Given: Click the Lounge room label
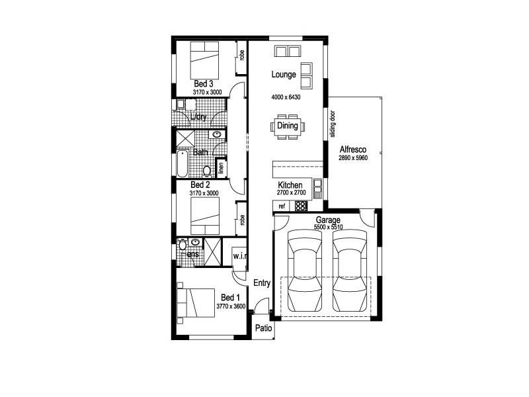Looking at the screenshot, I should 284,75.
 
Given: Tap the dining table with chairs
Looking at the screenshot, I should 287,126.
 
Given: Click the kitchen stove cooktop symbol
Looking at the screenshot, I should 301,206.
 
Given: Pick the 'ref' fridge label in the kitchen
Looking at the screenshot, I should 282,206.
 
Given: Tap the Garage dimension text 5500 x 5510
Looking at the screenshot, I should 327,227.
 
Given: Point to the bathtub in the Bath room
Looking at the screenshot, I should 182,163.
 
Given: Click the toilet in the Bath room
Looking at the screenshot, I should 206,169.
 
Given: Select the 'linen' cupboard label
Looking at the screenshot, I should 221,169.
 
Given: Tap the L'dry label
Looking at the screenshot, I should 198,118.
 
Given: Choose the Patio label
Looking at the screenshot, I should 263,328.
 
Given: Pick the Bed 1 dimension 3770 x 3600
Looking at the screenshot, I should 231,307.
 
